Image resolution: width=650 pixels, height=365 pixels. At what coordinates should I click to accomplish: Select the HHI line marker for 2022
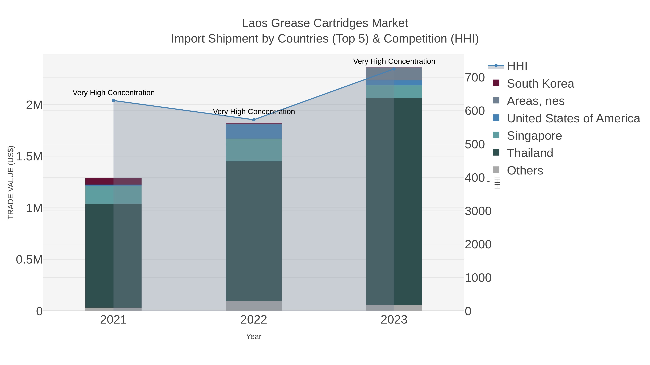click(254, 120)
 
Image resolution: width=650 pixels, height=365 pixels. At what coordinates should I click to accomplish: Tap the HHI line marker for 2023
click(394, 69)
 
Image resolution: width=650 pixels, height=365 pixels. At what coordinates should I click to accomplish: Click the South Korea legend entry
click(540, 84)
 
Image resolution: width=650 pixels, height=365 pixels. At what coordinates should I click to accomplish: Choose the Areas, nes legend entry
click(536, 101)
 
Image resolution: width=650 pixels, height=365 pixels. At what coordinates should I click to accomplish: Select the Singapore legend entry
click(534, 136)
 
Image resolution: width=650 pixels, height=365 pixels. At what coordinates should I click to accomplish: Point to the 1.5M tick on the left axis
click(29, 157)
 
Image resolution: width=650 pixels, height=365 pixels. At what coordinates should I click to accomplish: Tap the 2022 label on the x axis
click(254, 320)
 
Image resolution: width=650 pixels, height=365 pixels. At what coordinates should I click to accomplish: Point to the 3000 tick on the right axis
click(478, 211)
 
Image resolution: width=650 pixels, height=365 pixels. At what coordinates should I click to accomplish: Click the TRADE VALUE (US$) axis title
click(11, 182)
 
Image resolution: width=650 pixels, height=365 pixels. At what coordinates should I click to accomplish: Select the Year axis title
click(254, 337)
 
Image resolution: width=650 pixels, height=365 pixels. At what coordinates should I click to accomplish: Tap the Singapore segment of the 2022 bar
click(254, 150)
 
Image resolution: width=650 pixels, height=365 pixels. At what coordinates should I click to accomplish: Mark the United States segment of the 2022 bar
click(254, 131)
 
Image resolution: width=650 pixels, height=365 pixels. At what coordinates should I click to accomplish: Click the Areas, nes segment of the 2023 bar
click(394, 74)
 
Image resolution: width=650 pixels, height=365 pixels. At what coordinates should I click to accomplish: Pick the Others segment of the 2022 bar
click(254, 306)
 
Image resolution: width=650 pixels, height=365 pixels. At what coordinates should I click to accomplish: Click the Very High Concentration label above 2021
click(114, 93)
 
